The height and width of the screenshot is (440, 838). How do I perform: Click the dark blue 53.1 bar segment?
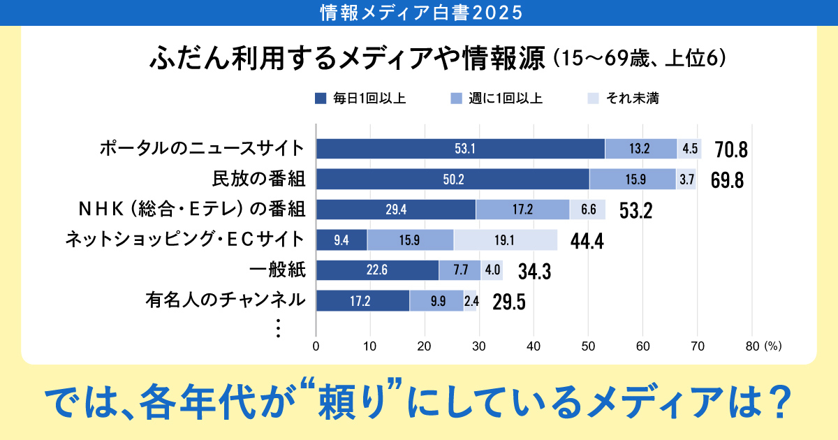(461, 149)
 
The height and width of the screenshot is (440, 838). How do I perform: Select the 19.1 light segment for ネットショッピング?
(506, 240)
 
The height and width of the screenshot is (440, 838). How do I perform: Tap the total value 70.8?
(731, 150)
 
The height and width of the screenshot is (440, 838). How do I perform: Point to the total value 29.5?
(508, 302)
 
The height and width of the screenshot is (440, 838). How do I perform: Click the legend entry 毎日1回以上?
(360, 99)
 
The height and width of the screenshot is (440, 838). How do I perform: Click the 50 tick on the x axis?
(588, 345)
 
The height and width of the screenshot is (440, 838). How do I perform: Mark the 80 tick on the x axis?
(751, 345)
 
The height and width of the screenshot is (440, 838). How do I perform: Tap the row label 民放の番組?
(258, 179)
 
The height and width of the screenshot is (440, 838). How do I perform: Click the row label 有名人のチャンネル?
(226, 300)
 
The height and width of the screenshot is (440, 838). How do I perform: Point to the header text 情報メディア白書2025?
(419, 13)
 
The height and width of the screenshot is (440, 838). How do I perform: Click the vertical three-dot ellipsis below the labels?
(278, 328)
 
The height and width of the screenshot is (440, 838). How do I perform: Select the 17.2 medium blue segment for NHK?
(522, 210)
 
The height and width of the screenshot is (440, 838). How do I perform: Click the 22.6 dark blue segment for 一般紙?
(377, 270)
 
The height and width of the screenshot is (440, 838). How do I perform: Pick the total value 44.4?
(587, 241)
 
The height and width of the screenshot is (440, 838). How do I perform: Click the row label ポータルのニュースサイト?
(202, 148)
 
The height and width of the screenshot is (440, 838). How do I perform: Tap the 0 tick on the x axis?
(316, 345)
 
